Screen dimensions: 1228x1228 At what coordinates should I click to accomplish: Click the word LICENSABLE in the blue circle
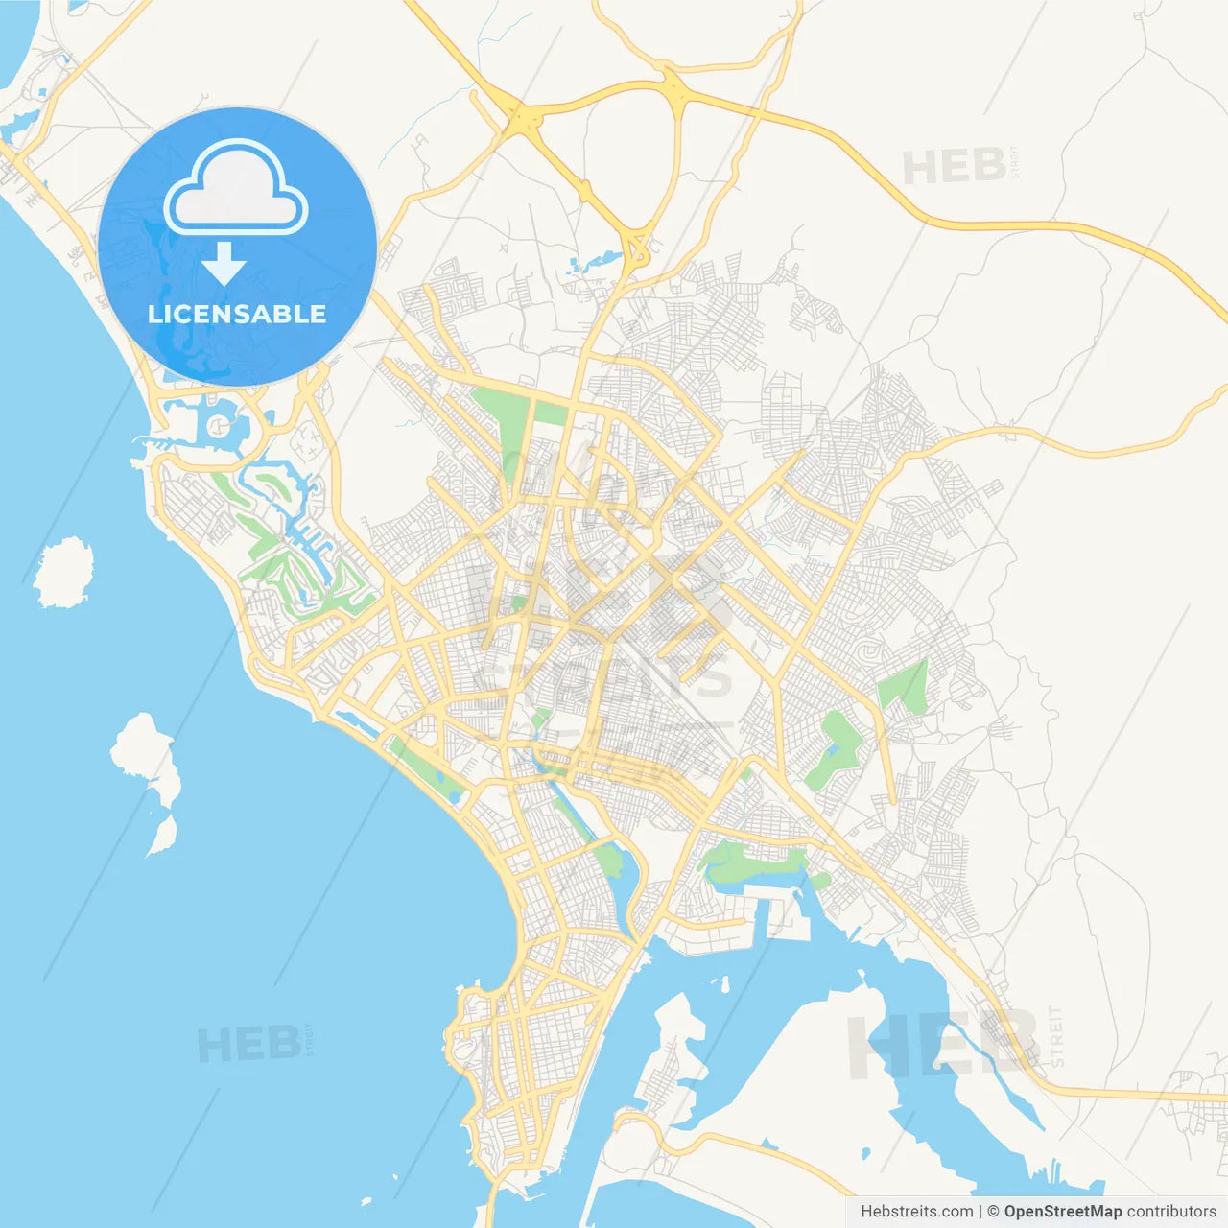237,314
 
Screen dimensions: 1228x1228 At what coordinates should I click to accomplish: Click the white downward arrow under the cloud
224,263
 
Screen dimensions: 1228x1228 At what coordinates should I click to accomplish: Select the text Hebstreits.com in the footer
916,1212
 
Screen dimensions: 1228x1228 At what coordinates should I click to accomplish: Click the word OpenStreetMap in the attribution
1062,1212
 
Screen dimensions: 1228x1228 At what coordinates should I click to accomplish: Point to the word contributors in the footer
1171,1212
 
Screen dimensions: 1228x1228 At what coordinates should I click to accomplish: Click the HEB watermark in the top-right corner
954,167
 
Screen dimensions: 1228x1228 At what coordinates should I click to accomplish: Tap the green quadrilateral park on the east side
904,687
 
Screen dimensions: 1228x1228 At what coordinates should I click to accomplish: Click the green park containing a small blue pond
832,748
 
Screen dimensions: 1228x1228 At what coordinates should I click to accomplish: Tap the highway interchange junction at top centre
524,119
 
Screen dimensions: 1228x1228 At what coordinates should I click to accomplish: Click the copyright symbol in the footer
993,1212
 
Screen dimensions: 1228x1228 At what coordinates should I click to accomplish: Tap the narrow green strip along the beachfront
427,767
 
